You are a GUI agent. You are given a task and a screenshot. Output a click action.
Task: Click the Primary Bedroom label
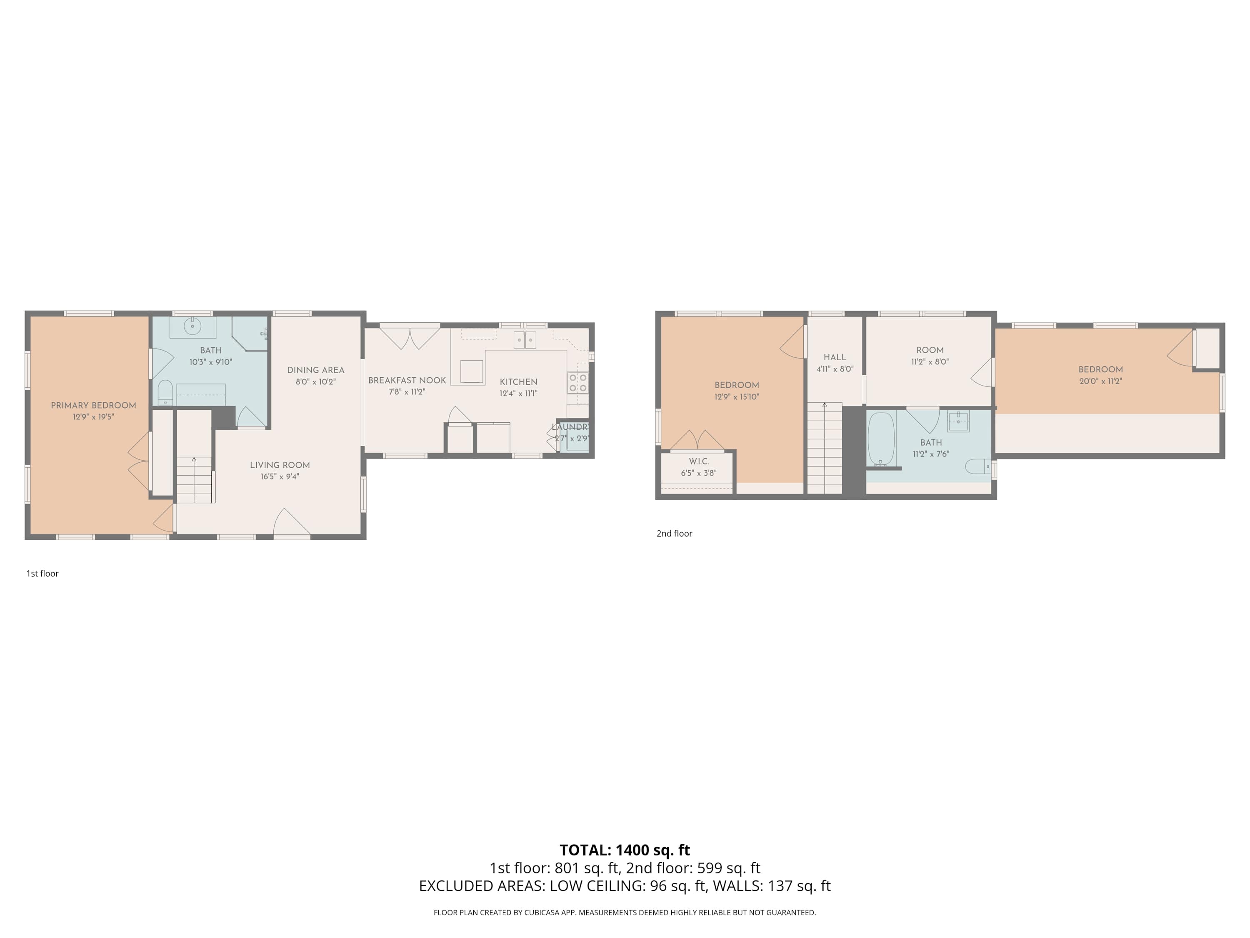pos(93,405)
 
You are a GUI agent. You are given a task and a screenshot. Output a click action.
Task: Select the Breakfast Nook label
pos(407,381)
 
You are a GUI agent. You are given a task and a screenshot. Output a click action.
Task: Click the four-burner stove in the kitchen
pos(577,382)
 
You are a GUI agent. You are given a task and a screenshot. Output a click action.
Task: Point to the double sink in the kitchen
pos(525,340)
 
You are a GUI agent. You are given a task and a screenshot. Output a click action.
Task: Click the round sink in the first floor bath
pos(192,326)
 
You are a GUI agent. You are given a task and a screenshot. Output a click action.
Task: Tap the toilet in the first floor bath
pos(165,392)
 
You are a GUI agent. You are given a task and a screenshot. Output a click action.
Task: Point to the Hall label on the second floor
pos(835,357)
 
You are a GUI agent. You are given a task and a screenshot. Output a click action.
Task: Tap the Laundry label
pos(571,427)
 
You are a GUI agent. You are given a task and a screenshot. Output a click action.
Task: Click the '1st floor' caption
pos(42,573)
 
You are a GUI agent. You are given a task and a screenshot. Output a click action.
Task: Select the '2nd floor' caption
pos(674,533)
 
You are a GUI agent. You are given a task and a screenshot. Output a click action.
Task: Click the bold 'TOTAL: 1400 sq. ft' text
pos(625,850)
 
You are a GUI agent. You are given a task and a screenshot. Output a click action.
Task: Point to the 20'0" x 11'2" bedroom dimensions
pos(1100,381)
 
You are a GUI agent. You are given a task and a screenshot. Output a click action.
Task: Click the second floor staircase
pos(825,448)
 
